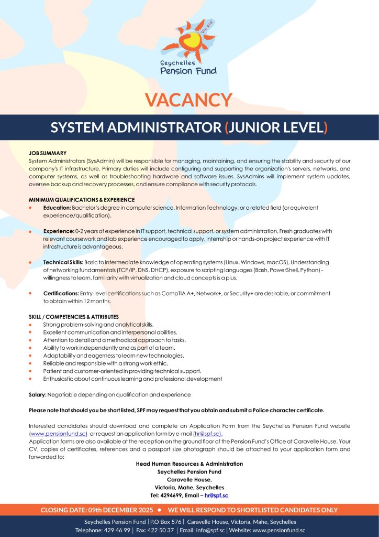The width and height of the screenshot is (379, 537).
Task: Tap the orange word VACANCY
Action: [188, 100]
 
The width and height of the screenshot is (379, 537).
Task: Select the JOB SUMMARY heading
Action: [48, 153]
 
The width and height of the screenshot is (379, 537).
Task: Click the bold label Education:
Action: [58, 208]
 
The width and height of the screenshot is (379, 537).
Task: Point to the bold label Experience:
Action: [59, 231]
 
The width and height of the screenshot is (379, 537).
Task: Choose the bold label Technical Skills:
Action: [63, 262]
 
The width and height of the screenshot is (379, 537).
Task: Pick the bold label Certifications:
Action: [61, 293]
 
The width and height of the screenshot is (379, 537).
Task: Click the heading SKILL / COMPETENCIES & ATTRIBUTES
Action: [74, 317]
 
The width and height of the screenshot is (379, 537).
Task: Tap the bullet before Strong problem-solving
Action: [31, 325]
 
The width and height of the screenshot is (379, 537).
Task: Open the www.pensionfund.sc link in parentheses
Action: [58, 434]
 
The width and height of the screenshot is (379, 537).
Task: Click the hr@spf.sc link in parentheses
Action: [208, 434]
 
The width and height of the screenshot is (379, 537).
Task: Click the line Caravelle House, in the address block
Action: [189, 479]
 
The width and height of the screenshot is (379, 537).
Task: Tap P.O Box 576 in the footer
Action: [166, 522]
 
